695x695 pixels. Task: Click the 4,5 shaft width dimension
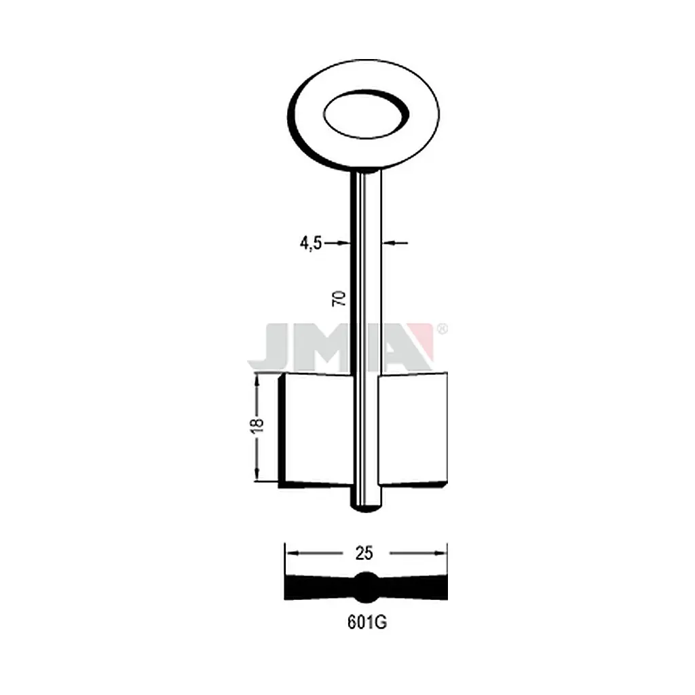click(311, 244)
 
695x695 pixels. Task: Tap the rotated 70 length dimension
click(339, 299)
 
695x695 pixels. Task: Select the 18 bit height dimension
click(257, 425)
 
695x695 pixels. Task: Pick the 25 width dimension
click(364, 553)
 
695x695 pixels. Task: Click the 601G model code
click(367, 623)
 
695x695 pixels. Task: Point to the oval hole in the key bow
click(366, 113)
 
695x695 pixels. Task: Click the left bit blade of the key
click(316, 430)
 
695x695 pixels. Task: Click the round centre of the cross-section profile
click(366, 587)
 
